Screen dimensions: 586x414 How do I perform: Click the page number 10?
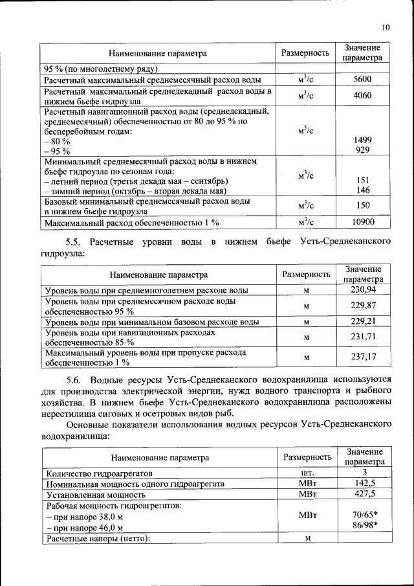(x=386, y=28)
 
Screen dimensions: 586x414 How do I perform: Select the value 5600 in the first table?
(x=362, y=80)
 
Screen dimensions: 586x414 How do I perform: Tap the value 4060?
(x=362, y=95)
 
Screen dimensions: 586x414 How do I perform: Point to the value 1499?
(x=362, y=140)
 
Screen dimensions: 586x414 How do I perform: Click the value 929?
(x=362, y=150)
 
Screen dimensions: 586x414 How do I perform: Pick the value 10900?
(x=362, y=222)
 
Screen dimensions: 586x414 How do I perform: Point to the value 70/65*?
(x=365, y=515)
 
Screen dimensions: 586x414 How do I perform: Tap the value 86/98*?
(x=365, y=525)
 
